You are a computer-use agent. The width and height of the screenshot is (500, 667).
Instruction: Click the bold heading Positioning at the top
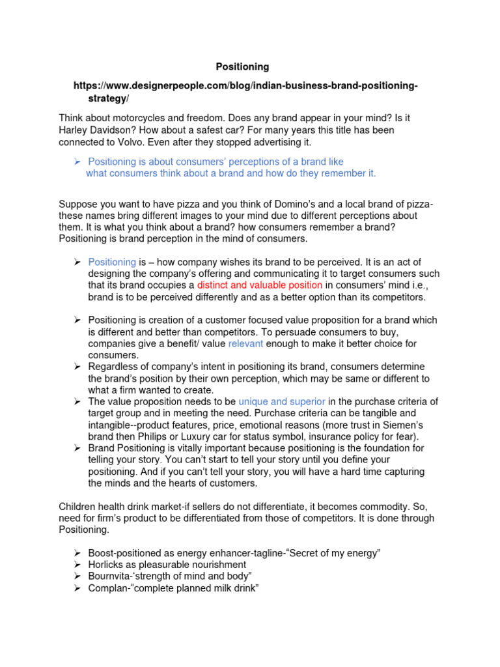point(242,67)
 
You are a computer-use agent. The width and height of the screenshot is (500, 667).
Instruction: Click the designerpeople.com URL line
point(245,87)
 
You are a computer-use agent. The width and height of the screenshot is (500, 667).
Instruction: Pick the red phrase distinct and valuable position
point(260,285)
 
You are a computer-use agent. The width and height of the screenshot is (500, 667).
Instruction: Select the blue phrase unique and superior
point(282,401)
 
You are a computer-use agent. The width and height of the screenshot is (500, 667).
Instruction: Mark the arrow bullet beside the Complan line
point(76,588)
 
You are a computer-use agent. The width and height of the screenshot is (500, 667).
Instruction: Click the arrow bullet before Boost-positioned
point(76,553)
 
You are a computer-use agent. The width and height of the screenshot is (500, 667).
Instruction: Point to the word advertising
point(258,142)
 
